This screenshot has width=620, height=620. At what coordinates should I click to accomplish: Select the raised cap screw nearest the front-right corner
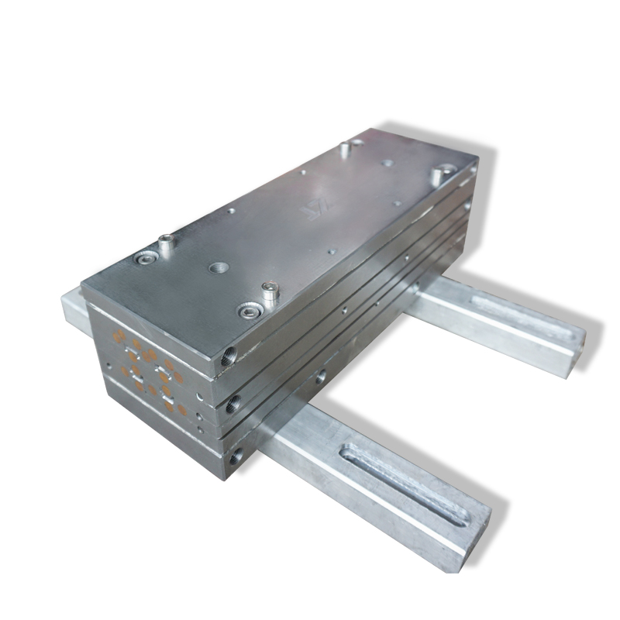(269, 292)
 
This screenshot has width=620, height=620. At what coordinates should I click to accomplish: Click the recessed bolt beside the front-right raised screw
(248, 312)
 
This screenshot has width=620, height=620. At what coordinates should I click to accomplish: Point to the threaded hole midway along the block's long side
(320, 377)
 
